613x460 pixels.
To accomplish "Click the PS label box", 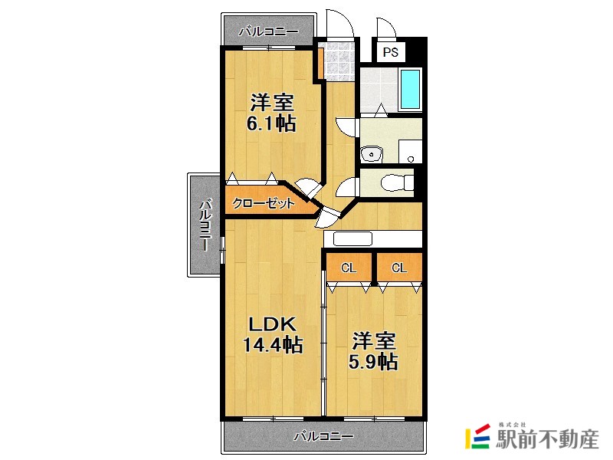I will coord(391,53).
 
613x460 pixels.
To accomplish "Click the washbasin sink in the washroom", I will coord(372,153).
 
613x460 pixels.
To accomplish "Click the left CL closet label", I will coord(349,268).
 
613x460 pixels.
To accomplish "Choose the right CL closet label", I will coord(399,268).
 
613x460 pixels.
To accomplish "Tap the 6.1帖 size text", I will coord(271,123).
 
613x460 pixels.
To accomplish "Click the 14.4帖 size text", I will coord(273,345).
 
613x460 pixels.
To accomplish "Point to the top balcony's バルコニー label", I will coord(267,32).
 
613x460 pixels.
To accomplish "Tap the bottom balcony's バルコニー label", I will coord(324,437).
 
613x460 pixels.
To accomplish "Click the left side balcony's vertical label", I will coord(205,225).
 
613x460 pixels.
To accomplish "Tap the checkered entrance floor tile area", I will coord(337,60).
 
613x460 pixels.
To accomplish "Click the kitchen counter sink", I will coord(352,238).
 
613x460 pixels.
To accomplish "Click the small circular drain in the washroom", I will coord(411,159).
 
